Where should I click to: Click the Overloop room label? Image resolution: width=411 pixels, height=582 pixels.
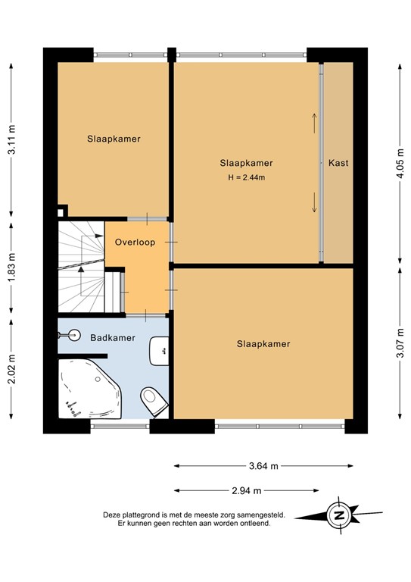[x=135, y=242]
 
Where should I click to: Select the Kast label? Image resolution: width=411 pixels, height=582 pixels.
[x=338, y=163]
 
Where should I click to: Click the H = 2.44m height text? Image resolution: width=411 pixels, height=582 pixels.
[x=246, y=177]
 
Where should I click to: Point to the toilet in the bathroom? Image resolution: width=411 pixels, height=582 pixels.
[x=154, y=400]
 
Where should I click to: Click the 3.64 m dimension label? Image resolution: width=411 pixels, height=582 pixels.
[x=263, y=465]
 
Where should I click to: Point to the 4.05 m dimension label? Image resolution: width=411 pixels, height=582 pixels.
[x=400, y=162]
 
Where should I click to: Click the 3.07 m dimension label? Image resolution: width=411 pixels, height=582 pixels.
[x=400, y=341]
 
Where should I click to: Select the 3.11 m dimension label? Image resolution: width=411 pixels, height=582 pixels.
[x=11, y=140]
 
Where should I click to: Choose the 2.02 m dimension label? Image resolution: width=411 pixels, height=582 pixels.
[x=11, y=369]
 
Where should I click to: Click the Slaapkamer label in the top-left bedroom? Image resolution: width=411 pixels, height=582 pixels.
[x=114, y=139]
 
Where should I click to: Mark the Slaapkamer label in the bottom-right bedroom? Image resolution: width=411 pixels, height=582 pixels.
[x=263, y=344]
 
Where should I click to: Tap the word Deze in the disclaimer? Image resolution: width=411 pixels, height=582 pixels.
[x=113, y=515]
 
